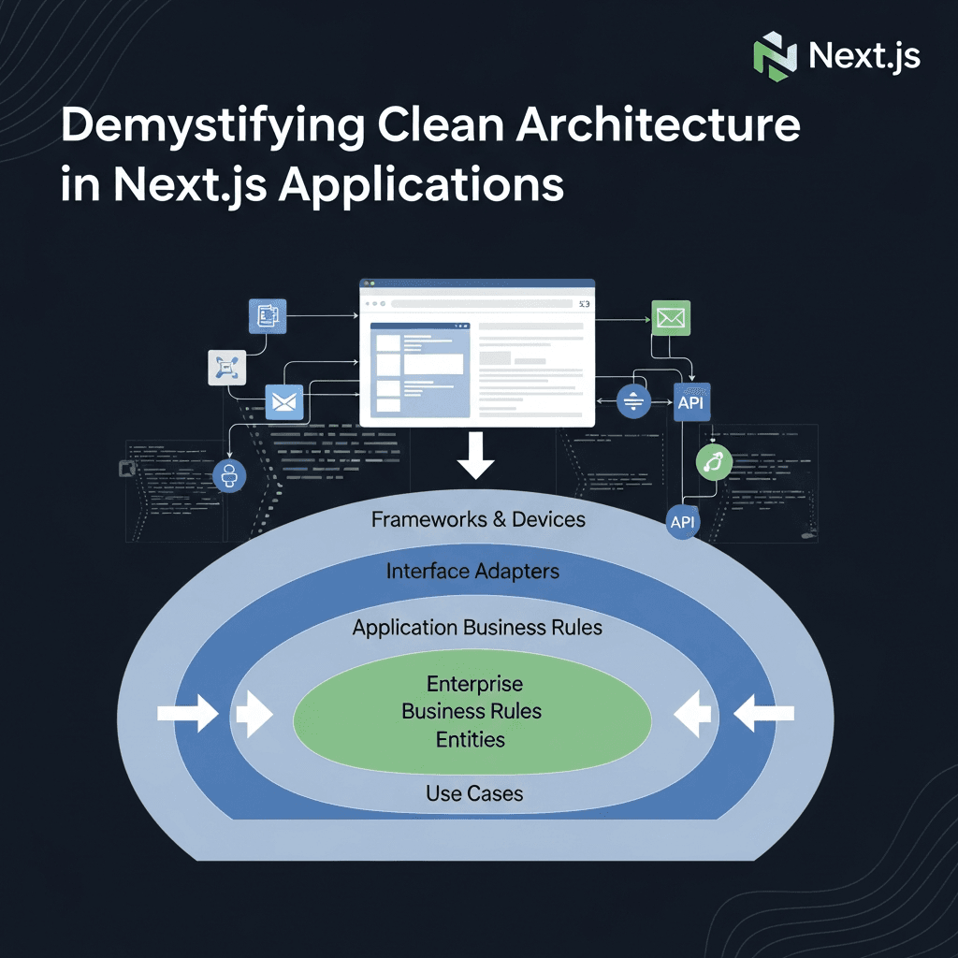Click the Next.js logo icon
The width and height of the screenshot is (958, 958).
775,54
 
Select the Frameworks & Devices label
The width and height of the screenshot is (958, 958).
478,519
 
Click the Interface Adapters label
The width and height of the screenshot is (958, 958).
472,571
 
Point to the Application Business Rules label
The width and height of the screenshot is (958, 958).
477,628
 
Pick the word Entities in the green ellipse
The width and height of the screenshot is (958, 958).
471,740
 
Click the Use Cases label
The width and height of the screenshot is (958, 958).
474,793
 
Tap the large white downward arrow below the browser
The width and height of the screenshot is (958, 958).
476,456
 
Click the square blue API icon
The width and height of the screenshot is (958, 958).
692,403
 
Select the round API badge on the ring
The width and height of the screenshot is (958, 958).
683,522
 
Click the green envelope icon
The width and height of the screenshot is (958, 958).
670,318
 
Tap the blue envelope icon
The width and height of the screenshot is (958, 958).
283,402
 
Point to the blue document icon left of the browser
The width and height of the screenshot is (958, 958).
267,316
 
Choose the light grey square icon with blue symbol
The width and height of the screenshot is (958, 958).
226,368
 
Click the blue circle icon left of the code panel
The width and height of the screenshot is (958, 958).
229,476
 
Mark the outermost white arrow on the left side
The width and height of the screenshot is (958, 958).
187,715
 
